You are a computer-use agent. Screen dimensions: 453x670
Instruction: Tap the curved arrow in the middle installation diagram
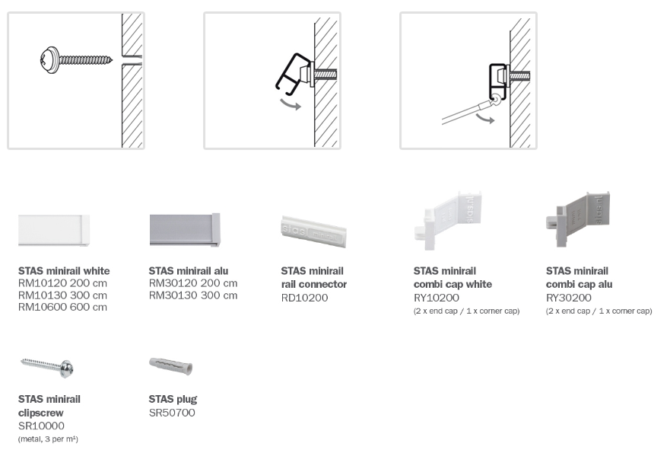291,104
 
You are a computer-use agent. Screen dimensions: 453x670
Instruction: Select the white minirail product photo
54,230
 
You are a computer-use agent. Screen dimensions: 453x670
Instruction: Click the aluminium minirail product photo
185,230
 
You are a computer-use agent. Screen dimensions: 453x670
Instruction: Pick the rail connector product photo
313,230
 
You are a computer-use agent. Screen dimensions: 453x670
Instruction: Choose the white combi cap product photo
449,219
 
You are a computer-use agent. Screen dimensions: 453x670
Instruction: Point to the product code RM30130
173,295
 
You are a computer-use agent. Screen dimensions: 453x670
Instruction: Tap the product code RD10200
304,298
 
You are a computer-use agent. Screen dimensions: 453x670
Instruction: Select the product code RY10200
437,298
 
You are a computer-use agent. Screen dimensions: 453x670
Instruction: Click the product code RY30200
569,298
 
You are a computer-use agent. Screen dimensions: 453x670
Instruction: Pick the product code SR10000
41,426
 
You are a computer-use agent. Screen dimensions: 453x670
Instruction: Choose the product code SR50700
172,413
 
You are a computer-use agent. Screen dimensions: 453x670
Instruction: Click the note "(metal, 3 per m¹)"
48,439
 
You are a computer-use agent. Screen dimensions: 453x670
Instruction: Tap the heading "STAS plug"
173,399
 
